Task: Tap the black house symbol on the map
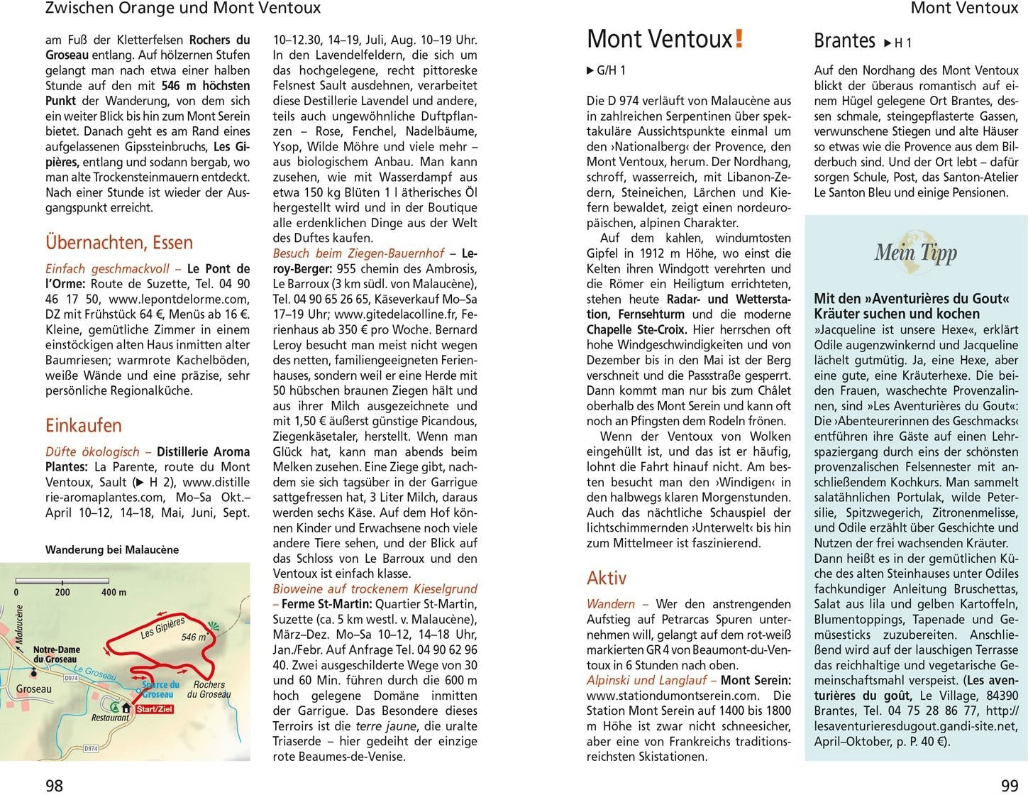pos(126,708)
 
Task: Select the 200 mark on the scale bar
pos(62,592)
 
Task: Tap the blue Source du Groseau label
pos(160,690)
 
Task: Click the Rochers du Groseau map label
pos(209,689)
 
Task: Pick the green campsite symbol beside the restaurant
pos(114,706)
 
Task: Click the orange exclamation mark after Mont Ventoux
pos(739,38)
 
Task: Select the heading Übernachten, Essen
pos(119,243)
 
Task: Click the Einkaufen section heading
pos(84,425)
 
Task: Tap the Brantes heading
pos(844,40)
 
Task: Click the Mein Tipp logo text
pos(915,253)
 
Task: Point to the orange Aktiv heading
pos(607,578)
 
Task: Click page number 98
pos(55,785)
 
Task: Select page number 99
pos(1009,785)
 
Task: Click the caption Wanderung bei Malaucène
pos(112,549)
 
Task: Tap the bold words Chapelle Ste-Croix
pos(636,329)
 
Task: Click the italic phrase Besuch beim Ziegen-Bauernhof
pos(358,253)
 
